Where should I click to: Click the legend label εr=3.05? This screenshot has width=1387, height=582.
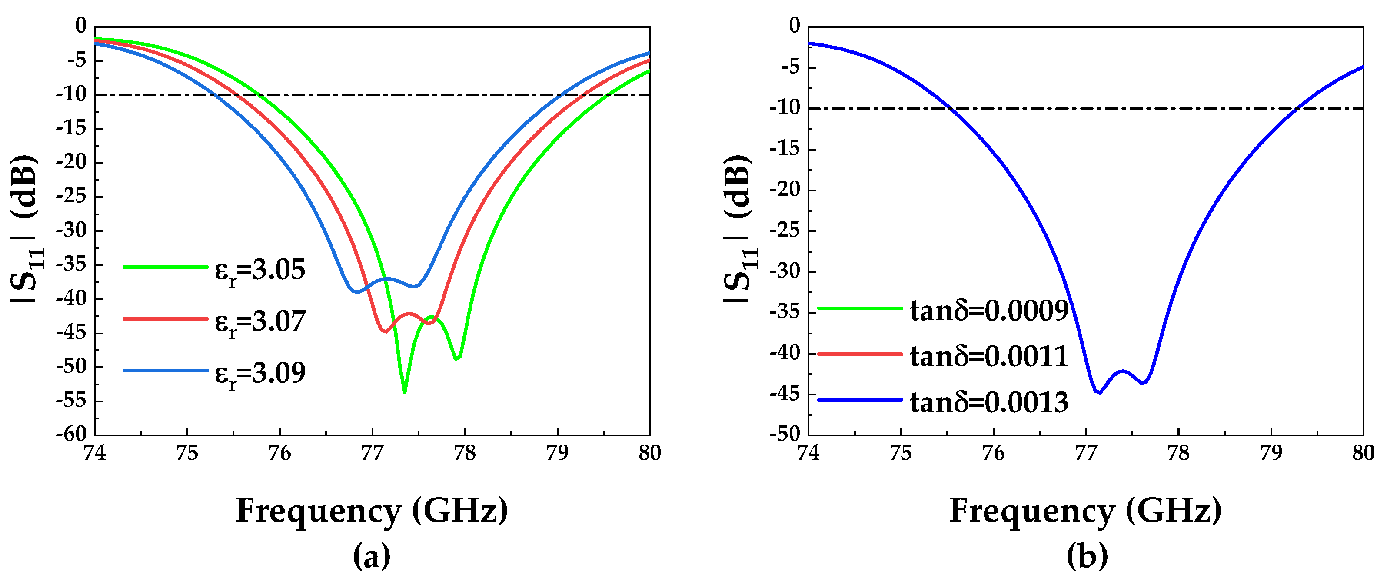[259, 270]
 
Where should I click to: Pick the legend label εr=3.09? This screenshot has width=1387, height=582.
[259, 373]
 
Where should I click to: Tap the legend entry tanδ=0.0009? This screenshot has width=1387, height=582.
[988, 311]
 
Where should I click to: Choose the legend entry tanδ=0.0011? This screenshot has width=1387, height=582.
[988, 356]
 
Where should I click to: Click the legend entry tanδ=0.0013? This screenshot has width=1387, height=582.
[988, 402]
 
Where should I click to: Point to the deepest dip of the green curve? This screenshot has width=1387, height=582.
[404, 392]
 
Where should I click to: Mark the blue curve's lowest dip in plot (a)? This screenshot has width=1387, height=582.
[356, 291]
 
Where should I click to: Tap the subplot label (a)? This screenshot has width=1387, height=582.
[372, 555]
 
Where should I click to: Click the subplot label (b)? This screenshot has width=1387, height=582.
[1087, 555]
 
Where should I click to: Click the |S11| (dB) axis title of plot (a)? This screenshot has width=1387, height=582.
[25, 229]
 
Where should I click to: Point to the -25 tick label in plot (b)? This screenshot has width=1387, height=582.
[785, 231]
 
